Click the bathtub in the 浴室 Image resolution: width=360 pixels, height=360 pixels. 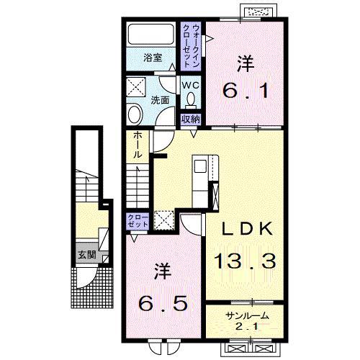pyautogui.click(x=151, y=34)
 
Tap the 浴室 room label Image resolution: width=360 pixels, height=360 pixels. pyautogui.click(x=153, y=58)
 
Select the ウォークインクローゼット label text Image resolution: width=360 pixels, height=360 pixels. pyautogui.click(x=191, y=45)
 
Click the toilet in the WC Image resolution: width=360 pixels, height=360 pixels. pyautogui.click(x=192, y=99)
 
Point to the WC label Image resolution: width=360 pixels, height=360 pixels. pyautogui.click(x=191, y=85)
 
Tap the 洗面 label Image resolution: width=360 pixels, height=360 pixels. pyautogui.click(x=160, y=100)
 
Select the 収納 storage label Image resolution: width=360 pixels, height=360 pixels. pyautogui.click(x=191, y=119)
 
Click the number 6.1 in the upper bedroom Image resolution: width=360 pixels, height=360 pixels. pyautogui.click(x=245, y=91)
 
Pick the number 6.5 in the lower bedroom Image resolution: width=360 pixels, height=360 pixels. pyautogui.click(x=163, y=303)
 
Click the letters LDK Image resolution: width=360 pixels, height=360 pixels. pyautogui.click(x=247, y=228)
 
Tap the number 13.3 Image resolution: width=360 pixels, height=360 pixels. pyautogui.click(x=245, y=261)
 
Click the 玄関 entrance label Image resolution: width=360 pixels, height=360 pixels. pyautogui.click(x=87, y=255)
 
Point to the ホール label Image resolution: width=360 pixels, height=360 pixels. pyautogui.click(x=138, y=145)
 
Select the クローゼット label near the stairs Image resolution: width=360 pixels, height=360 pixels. pyautogui.click(x=138, y=221)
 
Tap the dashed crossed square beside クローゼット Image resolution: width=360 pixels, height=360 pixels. pyautogui.click(x=164, y=220)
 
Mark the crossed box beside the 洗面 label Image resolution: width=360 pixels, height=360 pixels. pyautogui.click(x=136, y=86)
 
